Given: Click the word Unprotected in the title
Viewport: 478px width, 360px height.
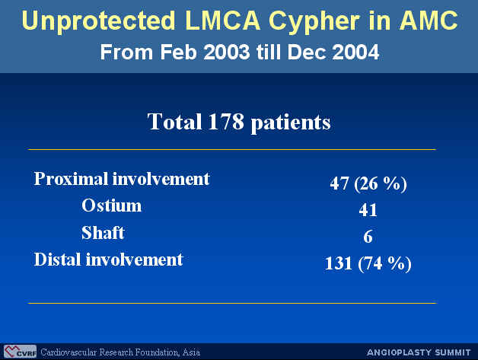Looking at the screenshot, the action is [x=98, y=21].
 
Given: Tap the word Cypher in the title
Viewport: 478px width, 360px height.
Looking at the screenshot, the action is [x=314, y=21].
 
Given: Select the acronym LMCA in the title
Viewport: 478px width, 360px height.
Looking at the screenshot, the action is [x=222, y=21].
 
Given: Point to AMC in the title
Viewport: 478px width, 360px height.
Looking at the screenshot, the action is [x=429, y=21].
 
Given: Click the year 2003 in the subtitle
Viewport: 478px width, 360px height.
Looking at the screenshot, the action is [x=227, y=52].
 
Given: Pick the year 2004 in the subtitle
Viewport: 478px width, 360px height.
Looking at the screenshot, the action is [x=355, y=52].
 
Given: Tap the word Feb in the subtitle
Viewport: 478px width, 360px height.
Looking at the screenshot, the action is [x=178, y=52].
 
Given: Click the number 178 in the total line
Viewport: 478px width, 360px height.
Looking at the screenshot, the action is [x=225, y=122].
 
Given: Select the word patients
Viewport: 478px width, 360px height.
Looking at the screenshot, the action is [x=291, y=123].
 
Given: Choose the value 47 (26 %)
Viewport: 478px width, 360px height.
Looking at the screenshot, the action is [x=368, y=183].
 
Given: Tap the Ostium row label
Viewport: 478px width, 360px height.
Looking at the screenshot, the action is [x=112, y=205].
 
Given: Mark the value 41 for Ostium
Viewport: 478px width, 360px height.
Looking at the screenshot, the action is [x=368, y=210].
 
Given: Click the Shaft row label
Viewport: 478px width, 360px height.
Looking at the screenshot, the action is [x=103, y=233].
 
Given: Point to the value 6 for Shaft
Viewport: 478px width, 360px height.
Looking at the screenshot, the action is [x=368, y=237].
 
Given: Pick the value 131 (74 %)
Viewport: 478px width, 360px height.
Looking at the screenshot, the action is [x=368, y=263].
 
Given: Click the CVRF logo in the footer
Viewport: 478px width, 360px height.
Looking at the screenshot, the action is [x=20, y=352].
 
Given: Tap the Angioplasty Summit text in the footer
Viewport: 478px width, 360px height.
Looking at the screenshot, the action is [x=419, y=352].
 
